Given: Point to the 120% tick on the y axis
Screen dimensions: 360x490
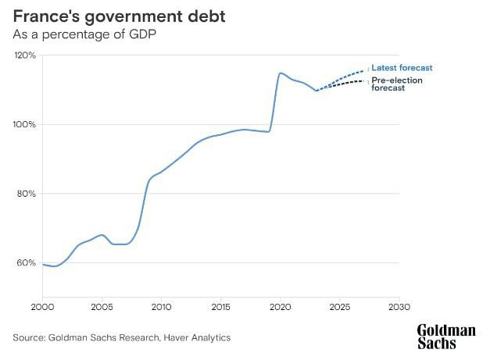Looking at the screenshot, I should [x=26, y=55].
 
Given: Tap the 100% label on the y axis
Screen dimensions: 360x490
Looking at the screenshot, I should [x=26, y=125].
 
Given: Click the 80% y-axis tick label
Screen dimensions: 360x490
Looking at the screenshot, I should [x=27, y=194].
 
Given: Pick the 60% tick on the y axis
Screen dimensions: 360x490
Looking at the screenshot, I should [x=27, y=263].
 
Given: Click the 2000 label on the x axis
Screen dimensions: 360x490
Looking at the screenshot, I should [x=43, y=306].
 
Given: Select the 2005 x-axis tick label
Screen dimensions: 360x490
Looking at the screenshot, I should [x=102, y=306].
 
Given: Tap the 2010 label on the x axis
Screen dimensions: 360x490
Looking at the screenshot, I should [x=162, y=306].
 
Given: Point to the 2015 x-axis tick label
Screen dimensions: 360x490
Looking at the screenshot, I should [x=221, y=306].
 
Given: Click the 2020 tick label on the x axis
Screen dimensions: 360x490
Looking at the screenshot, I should [x=281, y=306].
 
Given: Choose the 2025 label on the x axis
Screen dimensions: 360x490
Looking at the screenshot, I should [x=340, y=306].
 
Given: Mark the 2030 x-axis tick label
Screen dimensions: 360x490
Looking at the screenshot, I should [x=399, y=306].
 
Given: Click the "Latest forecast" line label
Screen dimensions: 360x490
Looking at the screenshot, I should [x=402, y=68].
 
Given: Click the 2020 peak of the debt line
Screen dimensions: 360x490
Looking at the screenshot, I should [x=281, y=73].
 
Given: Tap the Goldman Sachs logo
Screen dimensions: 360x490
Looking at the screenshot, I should [x=445, y=337].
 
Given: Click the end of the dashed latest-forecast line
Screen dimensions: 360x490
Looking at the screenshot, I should [x=364, y=70].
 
